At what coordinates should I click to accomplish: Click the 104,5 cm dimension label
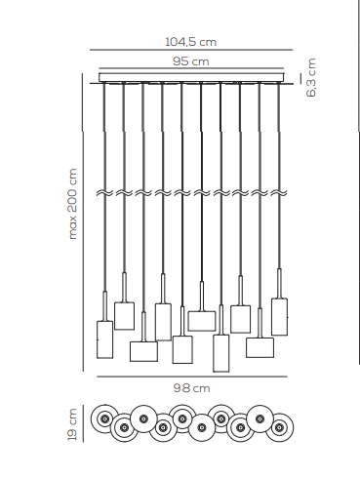[190, 42]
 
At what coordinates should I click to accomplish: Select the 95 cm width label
[191, 61]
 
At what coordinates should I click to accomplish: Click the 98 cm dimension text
[192, 387]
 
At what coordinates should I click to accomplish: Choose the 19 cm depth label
[72, 423]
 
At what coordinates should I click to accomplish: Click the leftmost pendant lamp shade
[104, 338]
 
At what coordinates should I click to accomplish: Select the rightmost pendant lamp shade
[279, 316]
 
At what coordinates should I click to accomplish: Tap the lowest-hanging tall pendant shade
[220, 352]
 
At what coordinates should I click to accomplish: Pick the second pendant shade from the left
[124, 315]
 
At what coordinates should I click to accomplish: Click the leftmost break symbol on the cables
[104, 194]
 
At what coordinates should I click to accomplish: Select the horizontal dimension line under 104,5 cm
[190, 51]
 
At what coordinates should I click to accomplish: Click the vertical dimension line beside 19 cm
[84, 423]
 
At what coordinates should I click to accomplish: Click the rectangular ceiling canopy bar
[192, 77]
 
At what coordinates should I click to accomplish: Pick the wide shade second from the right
[260, 346]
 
